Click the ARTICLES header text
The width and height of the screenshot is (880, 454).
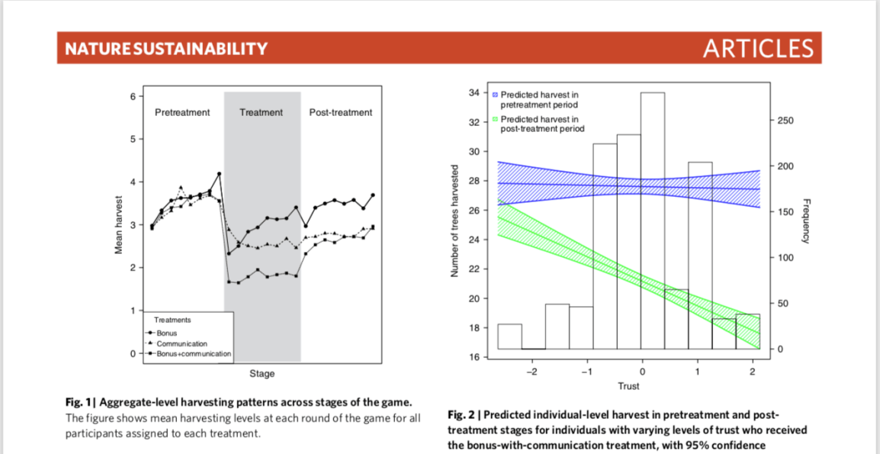tap(758, 49)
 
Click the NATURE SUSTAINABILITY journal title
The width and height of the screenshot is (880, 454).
tap(166, 49)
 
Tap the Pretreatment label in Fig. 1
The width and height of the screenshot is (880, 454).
tap(182, 112)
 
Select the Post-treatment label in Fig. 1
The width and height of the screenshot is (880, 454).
tap(341, 112)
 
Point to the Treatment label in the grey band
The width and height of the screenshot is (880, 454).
tap(261, 112)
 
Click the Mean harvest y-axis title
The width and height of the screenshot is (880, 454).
tap(119, 224)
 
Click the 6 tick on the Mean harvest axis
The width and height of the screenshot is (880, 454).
tap(131, 96)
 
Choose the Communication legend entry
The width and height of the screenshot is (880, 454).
tap(181, 343)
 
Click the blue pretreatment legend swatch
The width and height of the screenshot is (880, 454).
tap(495, 95)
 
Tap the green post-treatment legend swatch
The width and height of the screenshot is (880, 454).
tap(495, 120)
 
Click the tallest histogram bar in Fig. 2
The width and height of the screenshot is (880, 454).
tap(653, 221)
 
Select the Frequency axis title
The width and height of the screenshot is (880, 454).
tap(808, 221)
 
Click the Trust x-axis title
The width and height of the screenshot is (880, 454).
tap(629, 386)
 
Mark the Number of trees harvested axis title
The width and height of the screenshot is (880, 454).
tap(455, 221)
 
